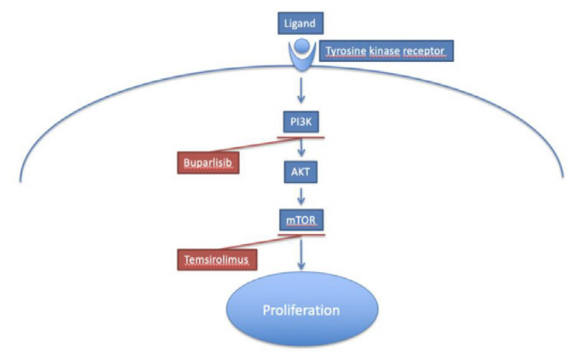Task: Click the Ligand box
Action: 299,24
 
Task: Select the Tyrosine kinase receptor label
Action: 386,51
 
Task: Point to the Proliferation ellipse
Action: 301,310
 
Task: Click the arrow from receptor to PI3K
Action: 301,89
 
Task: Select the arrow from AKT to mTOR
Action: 301,196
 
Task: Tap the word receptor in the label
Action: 424,51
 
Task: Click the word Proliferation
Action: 301,310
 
